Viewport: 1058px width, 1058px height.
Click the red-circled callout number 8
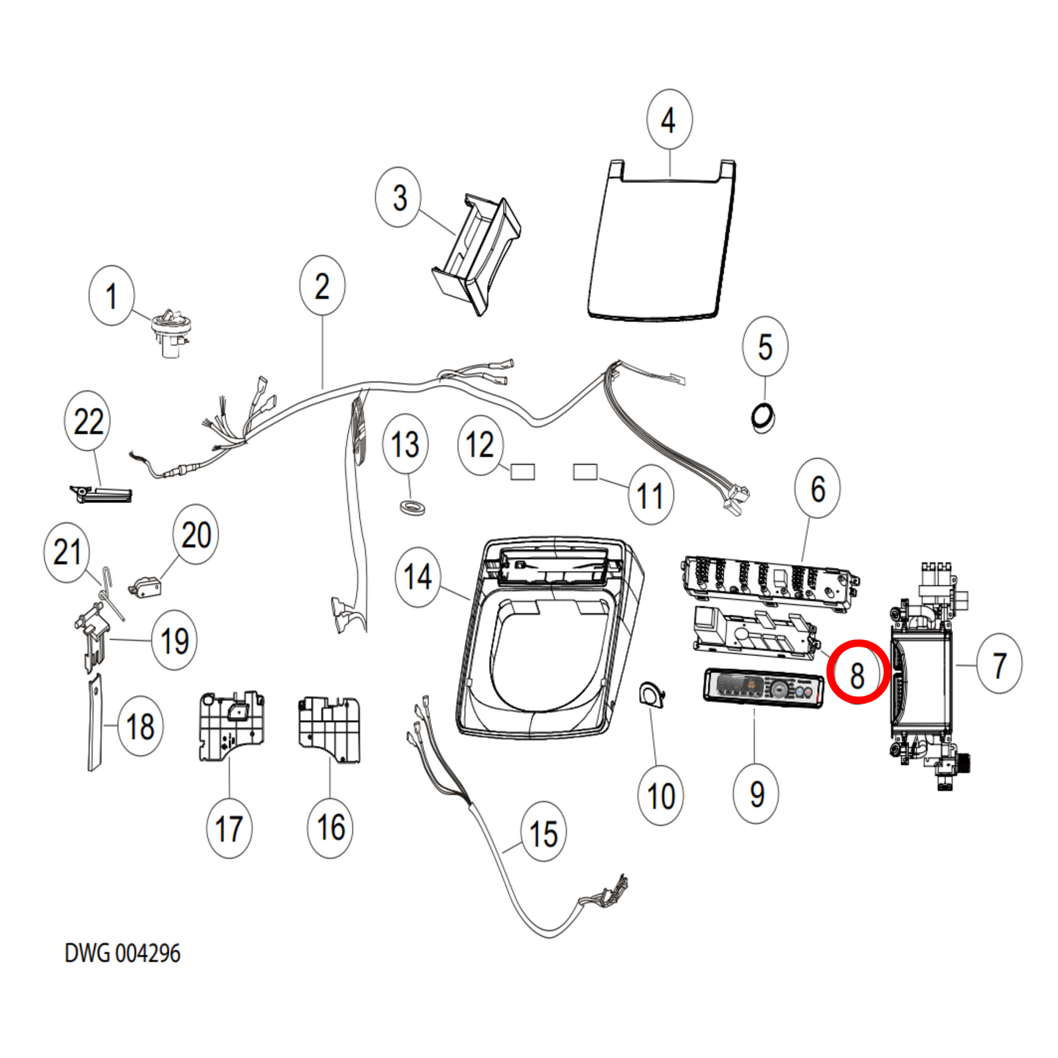coord(857,672)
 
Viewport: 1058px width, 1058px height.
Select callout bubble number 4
coord(669,119)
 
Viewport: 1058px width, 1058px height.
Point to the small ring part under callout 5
coord(764,417)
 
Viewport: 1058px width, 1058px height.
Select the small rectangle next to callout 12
coord(522,471)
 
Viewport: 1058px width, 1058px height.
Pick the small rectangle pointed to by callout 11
coord(585,472)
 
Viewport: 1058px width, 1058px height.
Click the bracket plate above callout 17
coord(230,725)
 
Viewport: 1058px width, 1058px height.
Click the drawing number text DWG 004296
coord(122,953)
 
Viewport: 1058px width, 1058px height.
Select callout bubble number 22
coord(88,421)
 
